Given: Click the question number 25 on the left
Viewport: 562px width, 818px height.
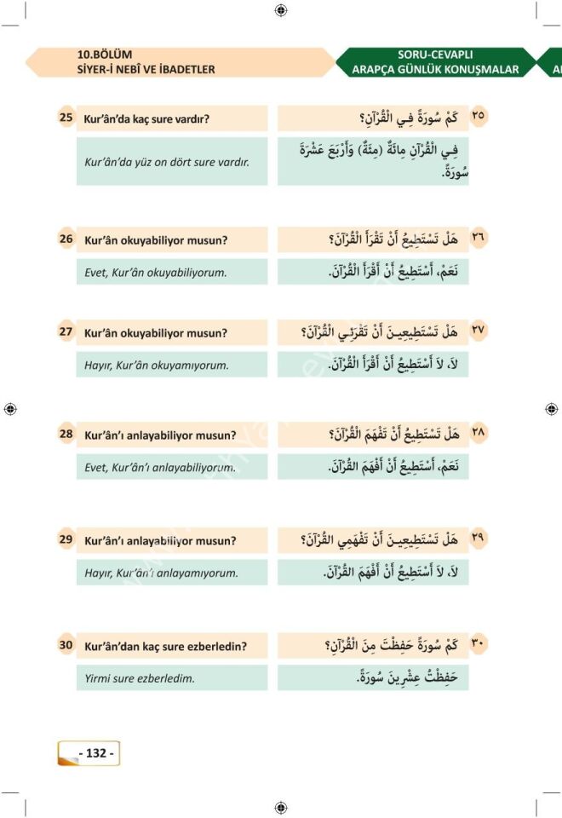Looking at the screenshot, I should [x=66, y=118].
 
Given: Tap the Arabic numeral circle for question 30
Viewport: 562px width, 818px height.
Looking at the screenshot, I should [x=479, y=645].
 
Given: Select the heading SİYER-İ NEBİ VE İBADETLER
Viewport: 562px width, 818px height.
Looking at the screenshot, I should [x=146, y=69].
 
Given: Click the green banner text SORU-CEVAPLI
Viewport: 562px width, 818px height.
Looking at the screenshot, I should [x=435, y=55].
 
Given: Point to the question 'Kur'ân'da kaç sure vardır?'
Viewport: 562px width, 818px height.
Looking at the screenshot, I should [x=146, y=118].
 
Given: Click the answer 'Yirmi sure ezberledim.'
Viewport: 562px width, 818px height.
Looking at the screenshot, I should [x=140, y=678].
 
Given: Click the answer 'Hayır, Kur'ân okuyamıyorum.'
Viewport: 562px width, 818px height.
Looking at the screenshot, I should [x=157, y=366].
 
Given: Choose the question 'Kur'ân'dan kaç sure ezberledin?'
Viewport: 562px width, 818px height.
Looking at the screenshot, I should [x=165, y=646].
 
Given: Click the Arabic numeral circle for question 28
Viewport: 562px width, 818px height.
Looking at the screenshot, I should [x=479, y=434].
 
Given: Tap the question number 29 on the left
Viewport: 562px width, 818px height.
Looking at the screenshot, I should [x=66, y=539].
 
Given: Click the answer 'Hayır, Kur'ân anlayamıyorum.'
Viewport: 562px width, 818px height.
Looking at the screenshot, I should [x=161, y=573].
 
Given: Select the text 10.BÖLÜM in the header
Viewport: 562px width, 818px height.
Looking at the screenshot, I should [x=104, y=55].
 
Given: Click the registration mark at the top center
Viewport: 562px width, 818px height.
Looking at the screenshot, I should [x=281, y=9].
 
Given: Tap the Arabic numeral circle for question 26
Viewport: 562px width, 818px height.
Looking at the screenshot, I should [x=479, y=239].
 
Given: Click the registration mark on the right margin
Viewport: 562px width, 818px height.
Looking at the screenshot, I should [x=551, y=409].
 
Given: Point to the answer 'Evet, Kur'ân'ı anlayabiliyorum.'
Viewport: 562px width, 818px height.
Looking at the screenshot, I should [x=160, y=467].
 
